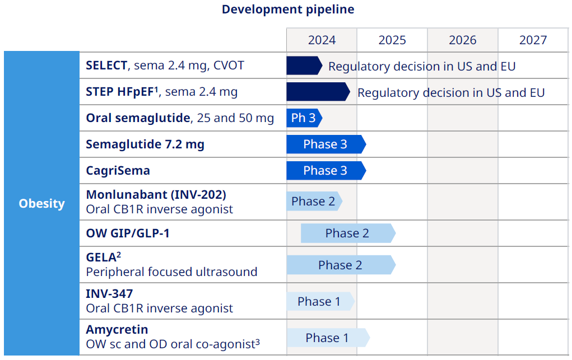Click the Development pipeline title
tap(287, 10)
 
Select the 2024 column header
tap(322, 40)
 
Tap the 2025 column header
tap(392, 40)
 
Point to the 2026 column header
tap(463, 40)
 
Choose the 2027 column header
tap(533, 40)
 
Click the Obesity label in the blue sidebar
tap(41, 203)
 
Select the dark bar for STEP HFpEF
tap(317, 92)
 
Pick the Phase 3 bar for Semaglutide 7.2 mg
tap(325, 144)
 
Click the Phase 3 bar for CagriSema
tap(325, 170)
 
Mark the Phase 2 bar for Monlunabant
tap(313, 202)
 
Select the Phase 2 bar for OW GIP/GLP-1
tap(347, 233)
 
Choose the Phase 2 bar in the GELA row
tap(340, 265)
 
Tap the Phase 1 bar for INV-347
tap(319, 301)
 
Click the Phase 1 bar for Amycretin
tap(327, 338)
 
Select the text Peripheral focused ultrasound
tap(171, 272)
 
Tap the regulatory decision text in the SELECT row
tap(421, 66)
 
